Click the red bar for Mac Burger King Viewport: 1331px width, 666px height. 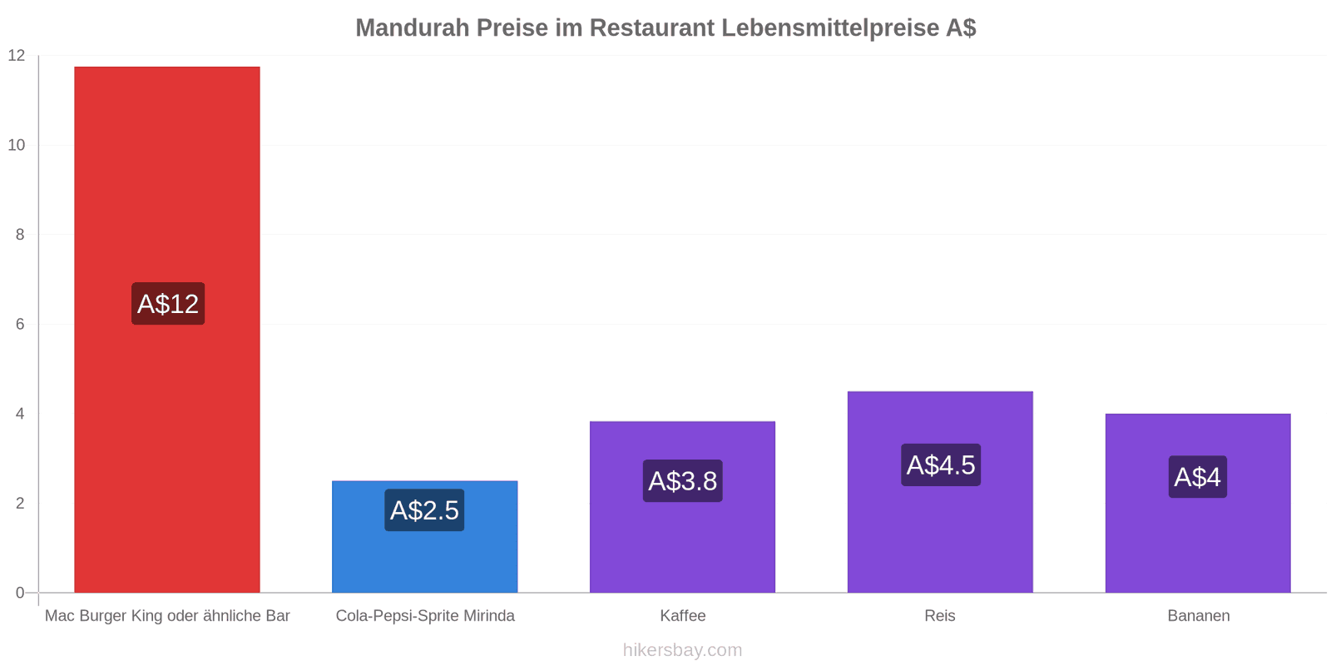[167, 330]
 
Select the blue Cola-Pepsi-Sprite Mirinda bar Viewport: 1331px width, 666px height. [425, 536]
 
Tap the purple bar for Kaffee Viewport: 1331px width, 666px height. [683, 507]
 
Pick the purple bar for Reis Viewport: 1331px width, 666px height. [941, 492]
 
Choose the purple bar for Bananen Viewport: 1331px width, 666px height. [1199, 503]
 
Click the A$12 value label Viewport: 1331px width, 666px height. [168, 304]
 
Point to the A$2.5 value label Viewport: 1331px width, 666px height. [424, 510]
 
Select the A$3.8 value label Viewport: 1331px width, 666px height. [683, 481]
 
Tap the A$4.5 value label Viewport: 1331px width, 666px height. [941, 465]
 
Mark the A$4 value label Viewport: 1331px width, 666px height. [1198, 477]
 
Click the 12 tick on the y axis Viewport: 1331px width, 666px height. [17, 56]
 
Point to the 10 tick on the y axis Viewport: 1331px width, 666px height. [17, 145]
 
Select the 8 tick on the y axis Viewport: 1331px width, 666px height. [20, 235]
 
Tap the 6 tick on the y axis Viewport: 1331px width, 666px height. [20, 324]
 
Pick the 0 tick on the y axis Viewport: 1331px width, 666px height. [20, 593]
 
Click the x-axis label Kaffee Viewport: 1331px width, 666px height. [683, 616]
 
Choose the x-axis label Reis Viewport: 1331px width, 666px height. [940, 616]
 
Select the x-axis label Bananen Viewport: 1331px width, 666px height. [1199, 616]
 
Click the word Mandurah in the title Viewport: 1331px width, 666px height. [413, 28]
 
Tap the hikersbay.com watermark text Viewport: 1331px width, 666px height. [683, 650]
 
